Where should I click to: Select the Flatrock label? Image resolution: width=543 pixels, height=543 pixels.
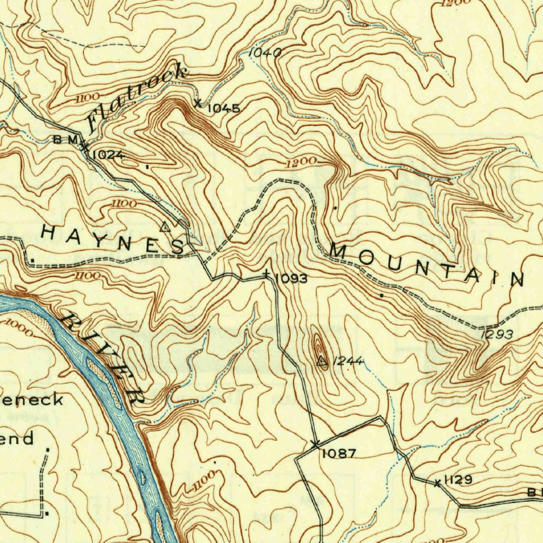(137, 97)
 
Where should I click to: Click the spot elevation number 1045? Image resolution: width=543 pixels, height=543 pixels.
(223, 109)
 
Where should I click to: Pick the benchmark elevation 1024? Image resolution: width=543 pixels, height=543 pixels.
(108, 155)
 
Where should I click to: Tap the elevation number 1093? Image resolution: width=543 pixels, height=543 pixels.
(291, 278)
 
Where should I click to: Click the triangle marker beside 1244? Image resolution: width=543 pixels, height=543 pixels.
(321, 362)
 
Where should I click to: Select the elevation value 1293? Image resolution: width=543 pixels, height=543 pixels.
(497, 335)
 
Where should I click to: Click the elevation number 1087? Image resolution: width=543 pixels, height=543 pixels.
(338, 453)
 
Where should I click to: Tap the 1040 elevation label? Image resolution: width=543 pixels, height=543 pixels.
(265, 52)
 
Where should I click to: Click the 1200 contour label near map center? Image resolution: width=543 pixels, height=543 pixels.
(301, 162)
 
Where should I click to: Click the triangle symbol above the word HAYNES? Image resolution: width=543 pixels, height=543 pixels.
(165, 227)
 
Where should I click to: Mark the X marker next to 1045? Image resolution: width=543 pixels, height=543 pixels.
(198, 103)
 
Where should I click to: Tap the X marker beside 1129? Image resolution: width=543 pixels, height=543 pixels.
(437, 483)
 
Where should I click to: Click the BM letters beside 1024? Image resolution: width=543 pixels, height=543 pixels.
(66, 140)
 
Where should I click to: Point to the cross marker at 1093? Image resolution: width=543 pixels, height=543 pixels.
(267, 275)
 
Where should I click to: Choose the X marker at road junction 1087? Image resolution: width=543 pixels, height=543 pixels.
(315, 443)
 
